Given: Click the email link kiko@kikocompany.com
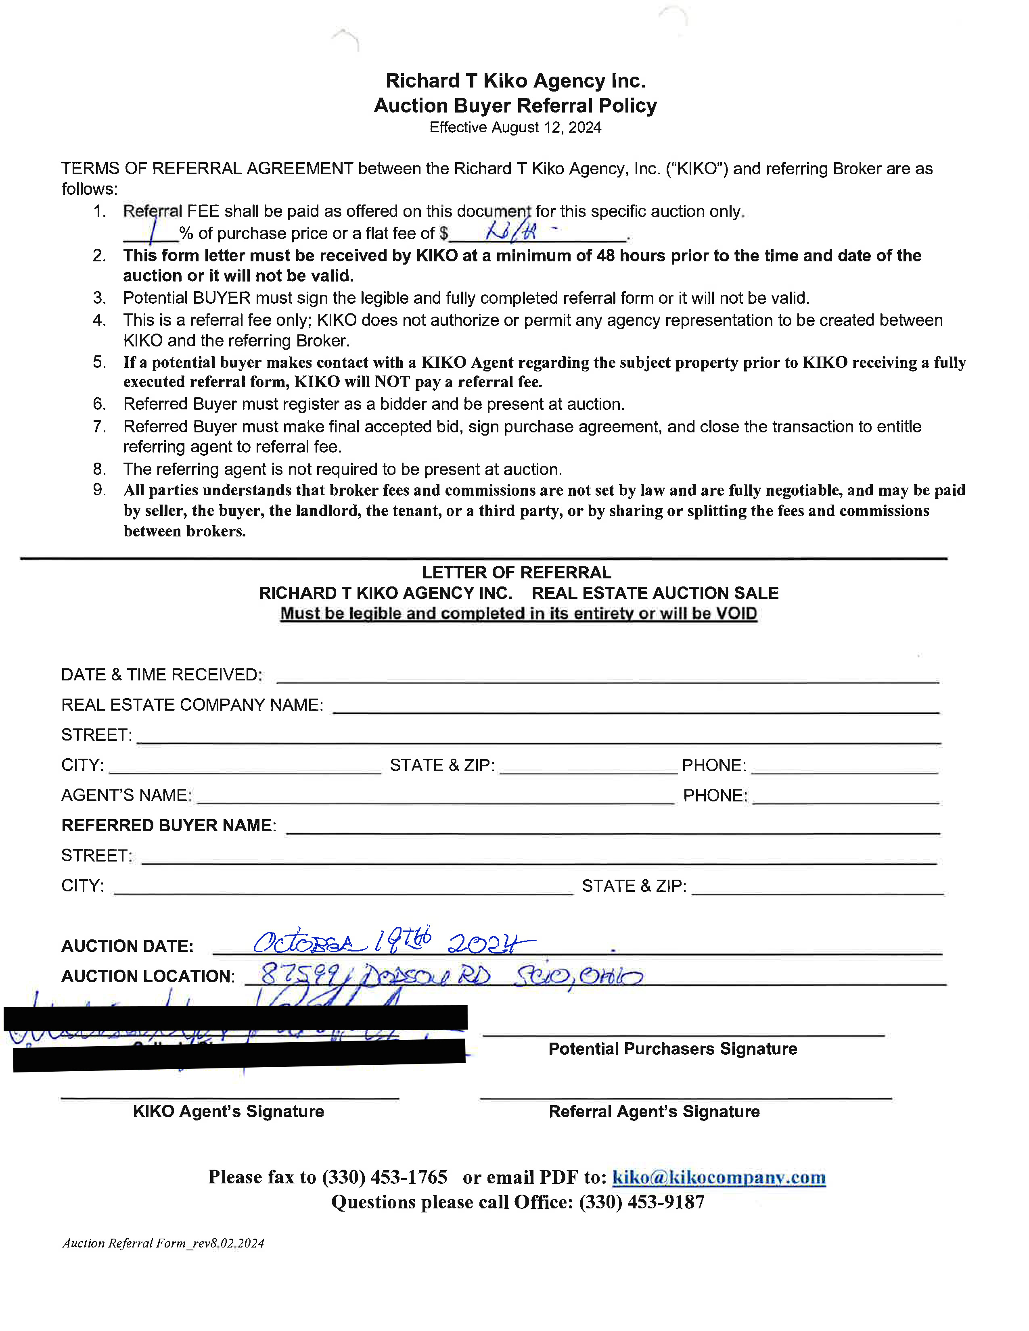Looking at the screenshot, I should pyautogui.click(x=718, y=1177).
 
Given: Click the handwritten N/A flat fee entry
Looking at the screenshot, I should pyautogui.click(x=511, y=231).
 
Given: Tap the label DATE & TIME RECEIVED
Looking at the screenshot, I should pyautogui.click(x=161, y=675).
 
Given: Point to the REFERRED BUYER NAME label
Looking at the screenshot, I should pyautogui.click(x=169, y=825).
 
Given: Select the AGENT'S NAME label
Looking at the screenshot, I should pyautogui.click(x=126, y=795).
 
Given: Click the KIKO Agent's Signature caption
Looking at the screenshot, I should pyautogui.click(x=228, y=1112).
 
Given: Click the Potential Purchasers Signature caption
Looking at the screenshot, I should pyautogui.click(x=672, y=1049).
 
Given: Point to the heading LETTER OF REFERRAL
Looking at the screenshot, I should pyautogui.click(x=517, y=572).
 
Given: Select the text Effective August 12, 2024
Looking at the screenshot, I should pyautogui.click(x=515, y=127).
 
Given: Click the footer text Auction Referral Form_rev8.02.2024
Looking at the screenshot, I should pyautogui.click(x=163, y=1243).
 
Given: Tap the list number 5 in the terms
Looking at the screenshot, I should pyautogui.click(x=99, y=362).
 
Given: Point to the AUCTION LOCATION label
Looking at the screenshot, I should pyautogui.click(x=148, y=976).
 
